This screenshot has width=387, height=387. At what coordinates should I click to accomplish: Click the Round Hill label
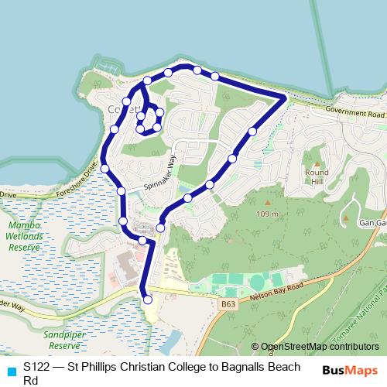pos(317,176)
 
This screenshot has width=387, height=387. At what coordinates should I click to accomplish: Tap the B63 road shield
pos(228,304)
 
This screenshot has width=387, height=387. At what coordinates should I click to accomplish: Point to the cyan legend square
pos(11,370)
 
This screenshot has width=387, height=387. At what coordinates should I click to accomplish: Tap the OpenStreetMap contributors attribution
pos(319,347)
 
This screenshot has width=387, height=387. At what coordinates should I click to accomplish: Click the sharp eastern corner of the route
pos(286,97)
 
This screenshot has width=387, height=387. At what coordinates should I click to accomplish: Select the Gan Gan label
pos(371,223)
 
